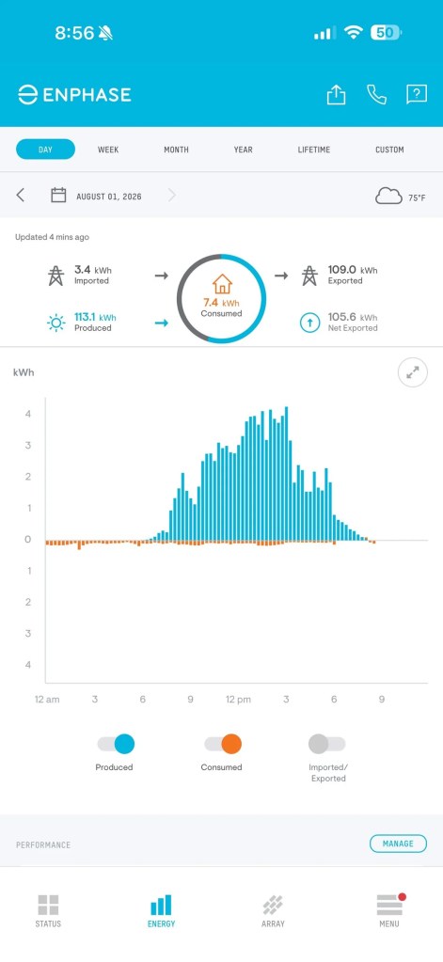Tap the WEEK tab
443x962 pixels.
pyautogui.click(x=108, y=150)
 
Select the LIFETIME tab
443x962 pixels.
pyautogui.click(x=313, y=150)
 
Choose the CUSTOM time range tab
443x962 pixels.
pyautogui.click(x=389, y=150)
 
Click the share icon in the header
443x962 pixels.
pyautogui.click(x=336, y=94)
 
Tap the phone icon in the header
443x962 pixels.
pyautogui.click(x=377, y=94)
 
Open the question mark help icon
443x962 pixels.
pyautogui.click(x=417, y=94)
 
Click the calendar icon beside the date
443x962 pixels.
pyautogui.click(x=58, y=196)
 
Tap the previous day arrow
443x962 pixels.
pyautogui.click(x=21, y=196)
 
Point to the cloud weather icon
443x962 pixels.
pyautogui.click(x=389, y=197)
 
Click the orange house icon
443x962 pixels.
pyautogui.click(x=222, y=284)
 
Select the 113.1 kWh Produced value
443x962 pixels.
pyautogui.click(x=95, y=317)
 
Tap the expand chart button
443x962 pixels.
pyautogui.click(x=413, y=372)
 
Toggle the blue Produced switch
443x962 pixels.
pyautogui.click(x=116, y=744)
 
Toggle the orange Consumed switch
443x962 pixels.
pyautogui.click(x=223, y=744)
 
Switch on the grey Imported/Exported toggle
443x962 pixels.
pyautogui.click(x=327, y=744)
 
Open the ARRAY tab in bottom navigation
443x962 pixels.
pyautogui.click(x=273, y=910)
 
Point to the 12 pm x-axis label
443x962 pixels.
pyautogui.click(x=238, y=700)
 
